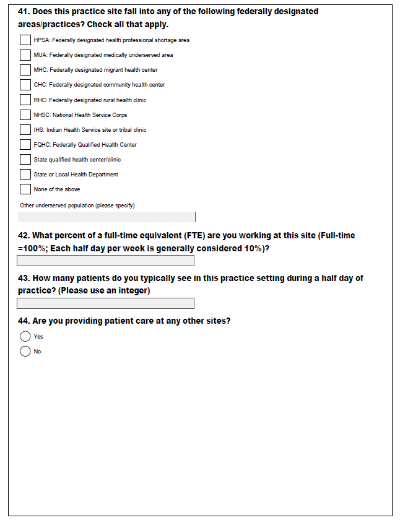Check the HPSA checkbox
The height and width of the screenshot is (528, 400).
(x=25, y=40)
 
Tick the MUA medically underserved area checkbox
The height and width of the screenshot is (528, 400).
(x=25, y=55)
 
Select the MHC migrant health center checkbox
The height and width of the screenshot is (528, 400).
(x=25, y=70)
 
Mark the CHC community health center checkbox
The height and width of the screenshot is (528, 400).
(x=25, y=85)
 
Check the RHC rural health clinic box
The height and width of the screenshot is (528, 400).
(x=25, y=100)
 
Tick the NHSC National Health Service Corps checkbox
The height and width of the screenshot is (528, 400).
(x=25, y=115)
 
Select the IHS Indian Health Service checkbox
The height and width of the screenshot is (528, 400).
(x=25, y=129)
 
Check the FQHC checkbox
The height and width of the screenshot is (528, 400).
(x=25, y=144)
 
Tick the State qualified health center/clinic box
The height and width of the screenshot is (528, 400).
(x=25, y=159)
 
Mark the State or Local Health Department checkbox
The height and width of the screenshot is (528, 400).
(x=25, y=174)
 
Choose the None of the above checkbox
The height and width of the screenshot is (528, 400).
(x=25, y=189)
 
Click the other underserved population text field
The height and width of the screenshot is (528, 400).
(x=106, y=217)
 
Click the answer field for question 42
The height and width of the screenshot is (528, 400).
(x=106, y=261)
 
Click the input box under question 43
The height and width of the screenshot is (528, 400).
(x=106, y=303)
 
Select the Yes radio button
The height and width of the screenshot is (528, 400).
(x=25, y=336)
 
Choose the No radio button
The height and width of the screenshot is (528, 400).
(x=25, y=351)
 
